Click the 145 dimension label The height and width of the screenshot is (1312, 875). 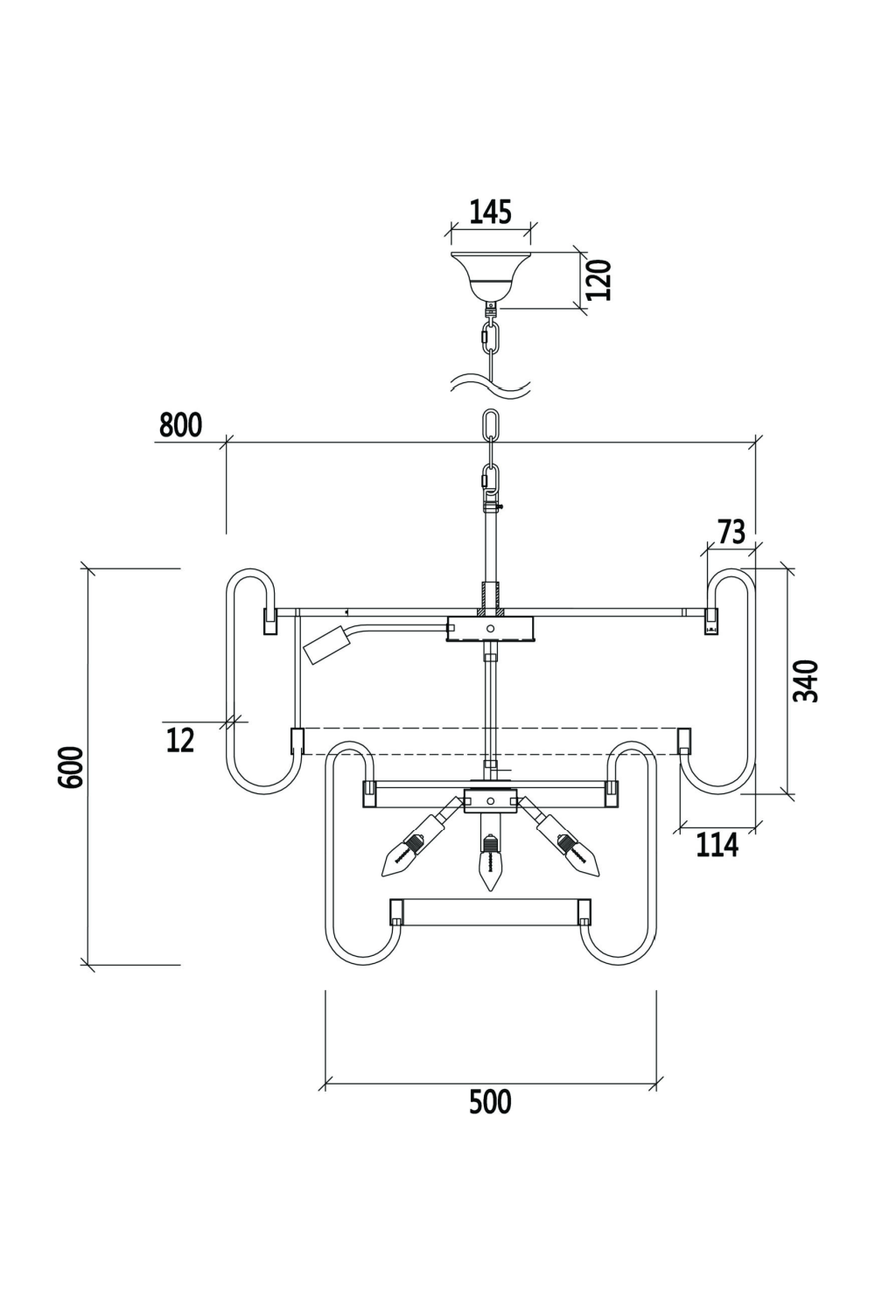pyautogui.click(x=490, y=212)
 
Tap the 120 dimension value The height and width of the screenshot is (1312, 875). pyautogui.click(x=599, y=279)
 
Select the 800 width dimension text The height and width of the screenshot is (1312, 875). pyautogui.click(x=180, y=425)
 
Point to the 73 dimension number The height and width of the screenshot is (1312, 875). pyautogui.click(x=731, y=532)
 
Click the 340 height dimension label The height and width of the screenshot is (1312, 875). pyautogui.click(x=805, y=680)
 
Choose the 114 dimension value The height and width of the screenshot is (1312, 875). pyautogui.click(x=717, y=845)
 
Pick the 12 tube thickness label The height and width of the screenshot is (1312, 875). pyautogui.click(x=180, y=740)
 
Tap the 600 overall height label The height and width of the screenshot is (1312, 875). pyautogui.click(x=72, y=767)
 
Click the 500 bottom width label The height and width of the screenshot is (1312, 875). pyautogui.click(x=489, y=1102)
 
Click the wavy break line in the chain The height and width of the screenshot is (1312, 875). pyautogui.click(x=490, y=385)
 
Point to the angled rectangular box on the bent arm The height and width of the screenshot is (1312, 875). pyautogui.click(x=323, y=648)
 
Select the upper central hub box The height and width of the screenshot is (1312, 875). pyautogui.click(x=490, y=628)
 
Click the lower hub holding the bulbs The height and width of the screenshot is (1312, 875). pyautogui.click(x=490, y=800)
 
